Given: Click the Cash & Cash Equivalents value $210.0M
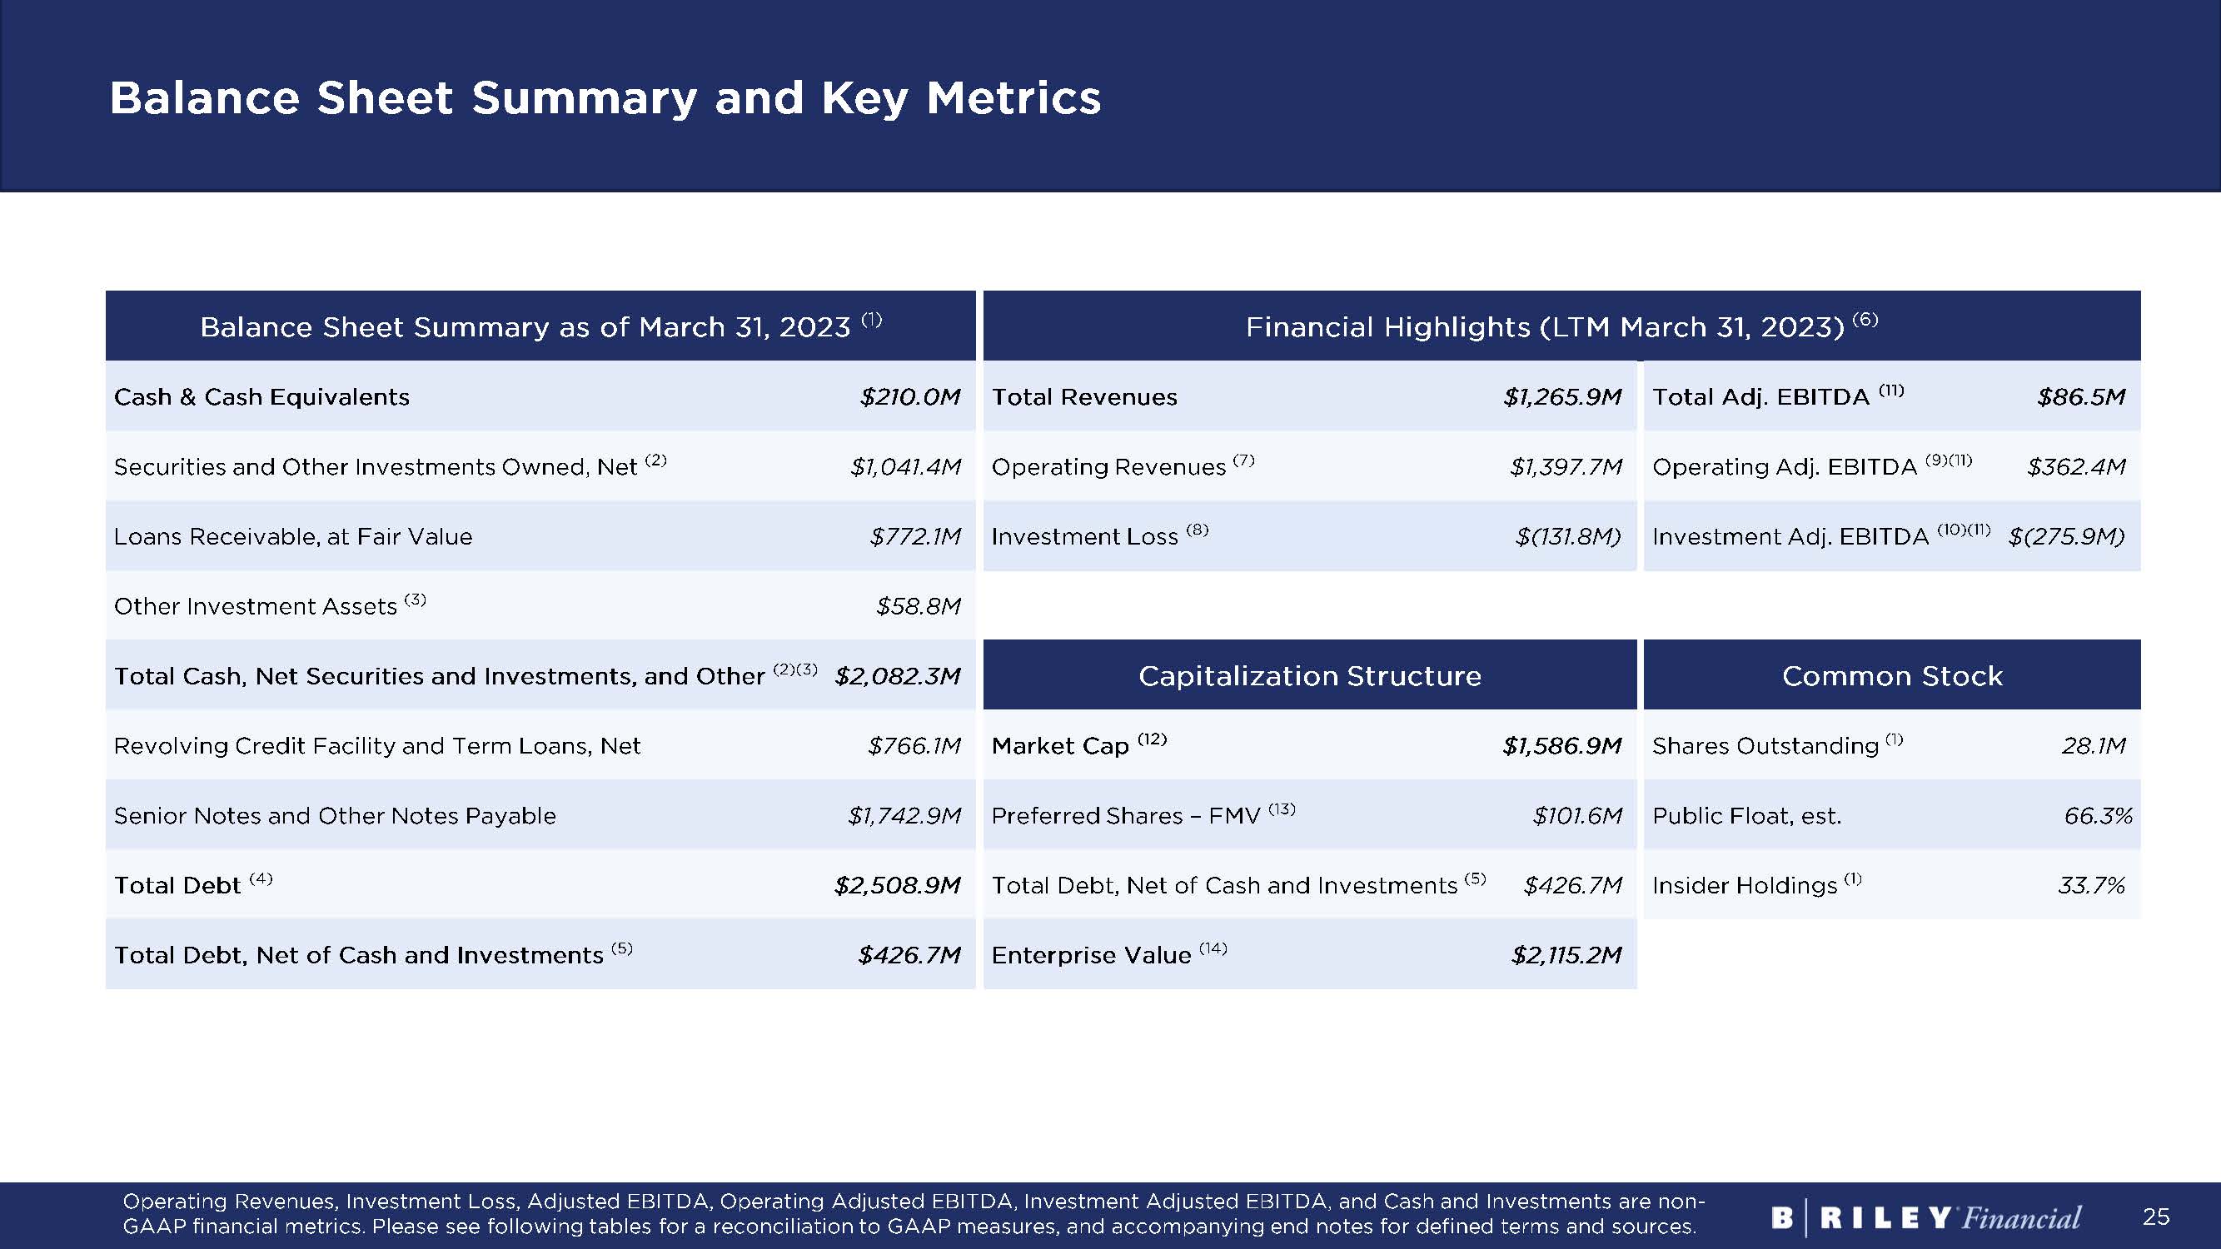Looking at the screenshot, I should coord(909,396).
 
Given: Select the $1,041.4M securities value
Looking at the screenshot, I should coord(905,466).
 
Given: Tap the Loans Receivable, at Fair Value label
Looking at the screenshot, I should coord(293,536).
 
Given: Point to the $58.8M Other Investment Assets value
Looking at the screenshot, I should coord(919,606).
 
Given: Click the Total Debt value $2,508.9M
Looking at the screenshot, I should coord(897,885).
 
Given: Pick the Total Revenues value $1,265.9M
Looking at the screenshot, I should coord(1562,396).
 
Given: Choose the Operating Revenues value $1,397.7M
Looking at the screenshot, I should coord(1566,466).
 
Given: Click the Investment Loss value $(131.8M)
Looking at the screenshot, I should coord(1568,536).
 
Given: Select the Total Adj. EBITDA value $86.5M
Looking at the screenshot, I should coord(2081,396).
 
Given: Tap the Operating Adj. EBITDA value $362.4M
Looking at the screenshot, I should coord(2076,466).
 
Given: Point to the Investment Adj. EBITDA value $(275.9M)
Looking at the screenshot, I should coord(2067,536).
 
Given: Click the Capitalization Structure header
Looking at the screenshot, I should coord(1310,676).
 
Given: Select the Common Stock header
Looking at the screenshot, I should coord(1892,676).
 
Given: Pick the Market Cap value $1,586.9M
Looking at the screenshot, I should coord(1562,745).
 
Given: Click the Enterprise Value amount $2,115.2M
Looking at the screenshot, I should coord(1566,955).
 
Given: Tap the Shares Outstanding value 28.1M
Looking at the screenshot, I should coord(2094,745).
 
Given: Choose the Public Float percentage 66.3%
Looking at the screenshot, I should coord(2098,815).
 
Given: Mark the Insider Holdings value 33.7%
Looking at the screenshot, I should coord(2091,885).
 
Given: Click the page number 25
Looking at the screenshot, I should coord(2155,1217).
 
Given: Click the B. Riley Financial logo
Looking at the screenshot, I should coord(1926,1217).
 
